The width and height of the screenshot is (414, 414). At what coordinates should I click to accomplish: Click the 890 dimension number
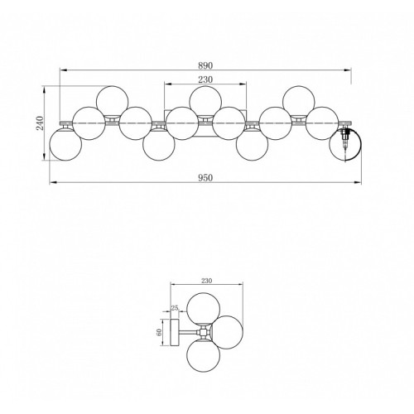click(x=205, y=65)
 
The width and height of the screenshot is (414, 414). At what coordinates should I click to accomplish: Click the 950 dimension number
click(x=205, y=178)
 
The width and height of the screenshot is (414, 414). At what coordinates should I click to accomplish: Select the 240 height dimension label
click(x=41, y=123)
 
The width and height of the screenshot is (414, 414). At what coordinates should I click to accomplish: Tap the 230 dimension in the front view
click(x=205, y=79)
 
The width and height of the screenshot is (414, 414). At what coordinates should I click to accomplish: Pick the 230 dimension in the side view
click(x=206, y=281)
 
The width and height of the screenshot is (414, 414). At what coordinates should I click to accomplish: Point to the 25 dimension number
click(x=175, y=307)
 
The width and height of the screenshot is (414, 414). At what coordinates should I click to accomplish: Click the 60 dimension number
click(x=159, y=333)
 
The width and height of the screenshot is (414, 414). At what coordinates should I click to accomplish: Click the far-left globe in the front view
click(x=65, y=144)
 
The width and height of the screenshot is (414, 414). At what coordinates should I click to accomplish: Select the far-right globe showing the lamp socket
click(x=345, y=144)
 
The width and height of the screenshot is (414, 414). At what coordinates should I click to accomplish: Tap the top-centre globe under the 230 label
click(x=205, y=102)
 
